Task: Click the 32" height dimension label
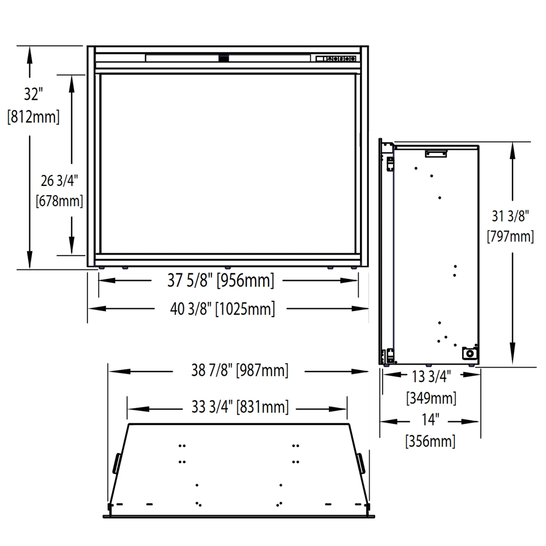tap(33, 94)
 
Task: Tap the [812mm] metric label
tap(33, 117)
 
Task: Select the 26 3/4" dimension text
tap(59, 181)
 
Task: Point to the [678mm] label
tap(59, 201)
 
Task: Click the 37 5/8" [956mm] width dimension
tap(221, 280)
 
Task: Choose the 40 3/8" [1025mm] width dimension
tap(222, 309)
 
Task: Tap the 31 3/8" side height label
tap(510, 216)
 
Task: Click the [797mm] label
tap(510, 236)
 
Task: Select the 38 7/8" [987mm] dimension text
tap(240, 371)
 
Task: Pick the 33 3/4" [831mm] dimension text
tap(240, 407)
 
